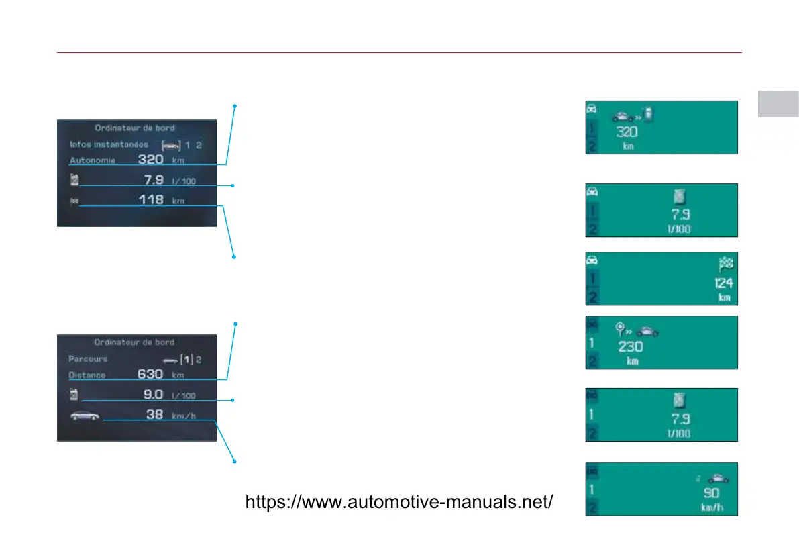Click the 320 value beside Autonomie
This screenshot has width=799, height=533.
pyautogui.click(x=151, y=160)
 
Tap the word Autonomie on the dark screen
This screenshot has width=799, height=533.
pyautogui.click(x=93, y=160)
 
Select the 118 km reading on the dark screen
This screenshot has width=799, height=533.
pyautogui.click(x=152, y=199)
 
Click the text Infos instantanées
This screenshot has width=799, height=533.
pyautogui.click(x=109, y=144)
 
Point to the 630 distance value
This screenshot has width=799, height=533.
pyautogui.click(x=150, y=374)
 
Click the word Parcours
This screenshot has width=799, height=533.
pyautogui.click(x=88, y=359)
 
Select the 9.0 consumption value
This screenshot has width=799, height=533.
pyautogui.click(x=154, y=395)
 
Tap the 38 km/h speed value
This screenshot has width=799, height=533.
pyautogui.click(x=155, y=415)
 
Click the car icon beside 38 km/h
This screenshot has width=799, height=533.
pyautogui.click(x=86, y=416)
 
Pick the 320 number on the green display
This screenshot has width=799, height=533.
pyautogui.click(x=627, y=132)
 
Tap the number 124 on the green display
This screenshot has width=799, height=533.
pyautogui.click(x=723, y=283)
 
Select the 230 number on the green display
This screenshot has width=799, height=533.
pyautogui.click(x=631, y=347)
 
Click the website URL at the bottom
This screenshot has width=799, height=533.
pyautogui.click(x=400, y=502)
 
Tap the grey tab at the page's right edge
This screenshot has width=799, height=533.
pyautogui.click(x=778, y=103)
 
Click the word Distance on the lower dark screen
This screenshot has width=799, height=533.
pyautogui.click(x=87, y=375)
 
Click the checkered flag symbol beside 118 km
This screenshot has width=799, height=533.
pyautogui.click(x=73, y=200)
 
